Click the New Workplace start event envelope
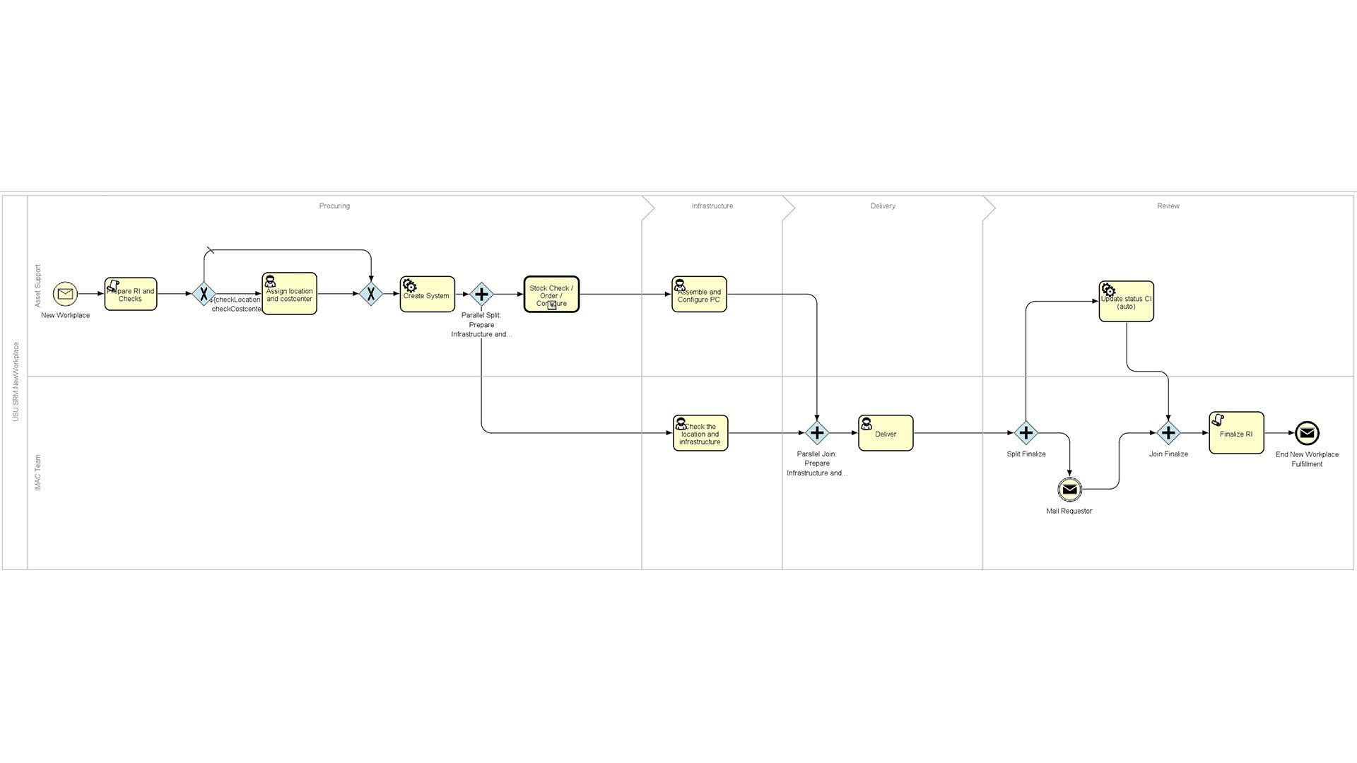65,293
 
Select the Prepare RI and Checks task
131,294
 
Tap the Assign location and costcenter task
289,294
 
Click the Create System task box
427,295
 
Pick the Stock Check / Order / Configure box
551,295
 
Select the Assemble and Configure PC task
699,295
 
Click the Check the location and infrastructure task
700,433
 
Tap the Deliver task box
886,433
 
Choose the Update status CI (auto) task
1126,302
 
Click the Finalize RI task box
1236,433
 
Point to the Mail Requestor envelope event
1069,489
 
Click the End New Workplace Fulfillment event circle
1307,433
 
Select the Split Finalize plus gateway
1026,433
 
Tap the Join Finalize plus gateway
1168,433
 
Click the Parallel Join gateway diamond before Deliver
817,433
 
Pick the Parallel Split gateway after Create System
481,294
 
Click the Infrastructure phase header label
712,206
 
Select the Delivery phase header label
883,206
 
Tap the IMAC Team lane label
38,473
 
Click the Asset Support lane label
38,286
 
